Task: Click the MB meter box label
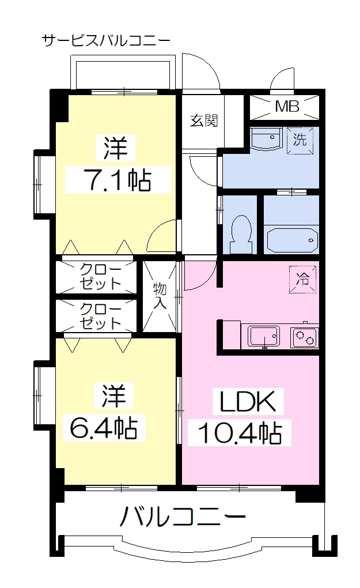287,107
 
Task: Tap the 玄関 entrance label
204,120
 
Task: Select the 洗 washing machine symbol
300,140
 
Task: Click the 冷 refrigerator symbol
302,280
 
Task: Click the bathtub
293,240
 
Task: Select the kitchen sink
264,336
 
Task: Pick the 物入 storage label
160,296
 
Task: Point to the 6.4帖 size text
104,428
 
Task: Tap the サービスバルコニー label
106,40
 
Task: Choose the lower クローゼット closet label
100,316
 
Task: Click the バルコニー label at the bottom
183,516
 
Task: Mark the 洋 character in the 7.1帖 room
115,148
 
